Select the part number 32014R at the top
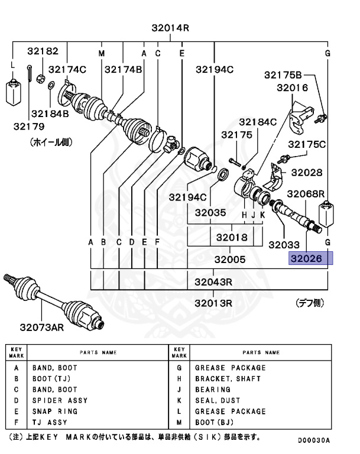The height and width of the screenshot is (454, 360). coord(170,27)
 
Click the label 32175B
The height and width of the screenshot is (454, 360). coord(283,74)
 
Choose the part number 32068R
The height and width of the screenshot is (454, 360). coord(306,194)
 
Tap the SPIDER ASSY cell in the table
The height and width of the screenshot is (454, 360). coord(60,400)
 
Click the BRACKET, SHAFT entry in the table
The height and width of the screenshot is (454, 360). coord(228,378)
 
